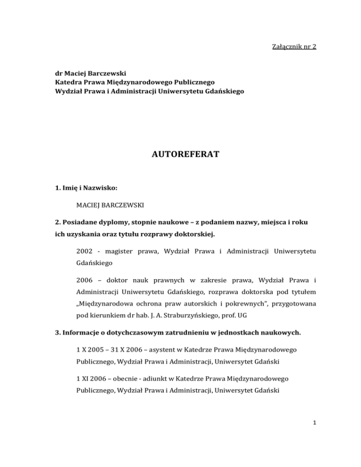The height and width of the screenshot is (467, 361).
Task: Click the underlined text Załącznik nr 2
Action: (x=287, y=48)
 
